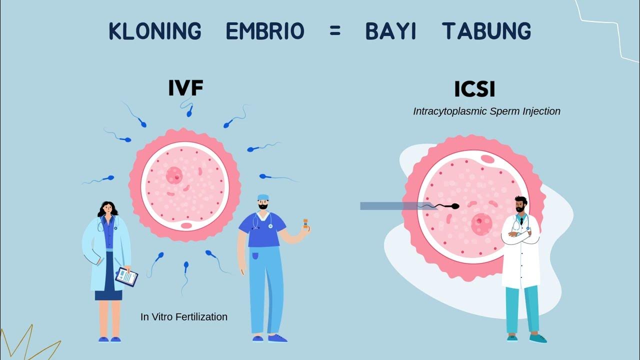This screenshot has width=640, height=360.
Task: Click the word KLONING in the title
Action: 155,31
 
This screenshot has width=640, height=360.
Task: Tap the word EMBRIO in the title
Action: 265,31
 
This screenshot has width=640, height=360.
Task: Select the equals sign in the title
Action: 335,31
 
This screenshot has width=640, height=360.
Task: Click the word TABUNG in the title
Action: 486,31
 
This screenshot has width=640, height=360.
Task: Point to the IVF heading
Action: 185,88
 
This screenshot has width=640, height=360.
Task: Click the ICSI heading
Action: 474,89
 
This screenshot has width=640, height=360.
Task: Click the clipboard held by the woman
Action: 126,276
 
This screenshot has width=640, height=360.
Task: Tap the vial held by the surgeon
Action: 305,223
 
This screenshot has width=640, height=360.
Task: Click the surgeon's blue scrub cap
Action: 263,197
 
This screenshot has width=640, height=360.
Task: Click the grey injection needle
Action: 390,206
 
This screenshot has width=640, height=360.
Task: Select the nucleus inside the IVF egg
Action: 174,175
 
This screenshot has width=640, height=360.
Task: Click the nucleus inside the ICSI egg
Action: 481,220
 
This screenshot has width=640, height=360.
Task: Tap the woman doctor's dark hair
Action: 107,207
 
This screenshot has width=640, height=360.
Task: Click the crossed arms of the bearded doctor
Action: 520,235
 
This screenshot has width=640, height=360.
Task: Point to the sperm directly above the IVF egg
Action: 189,110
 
